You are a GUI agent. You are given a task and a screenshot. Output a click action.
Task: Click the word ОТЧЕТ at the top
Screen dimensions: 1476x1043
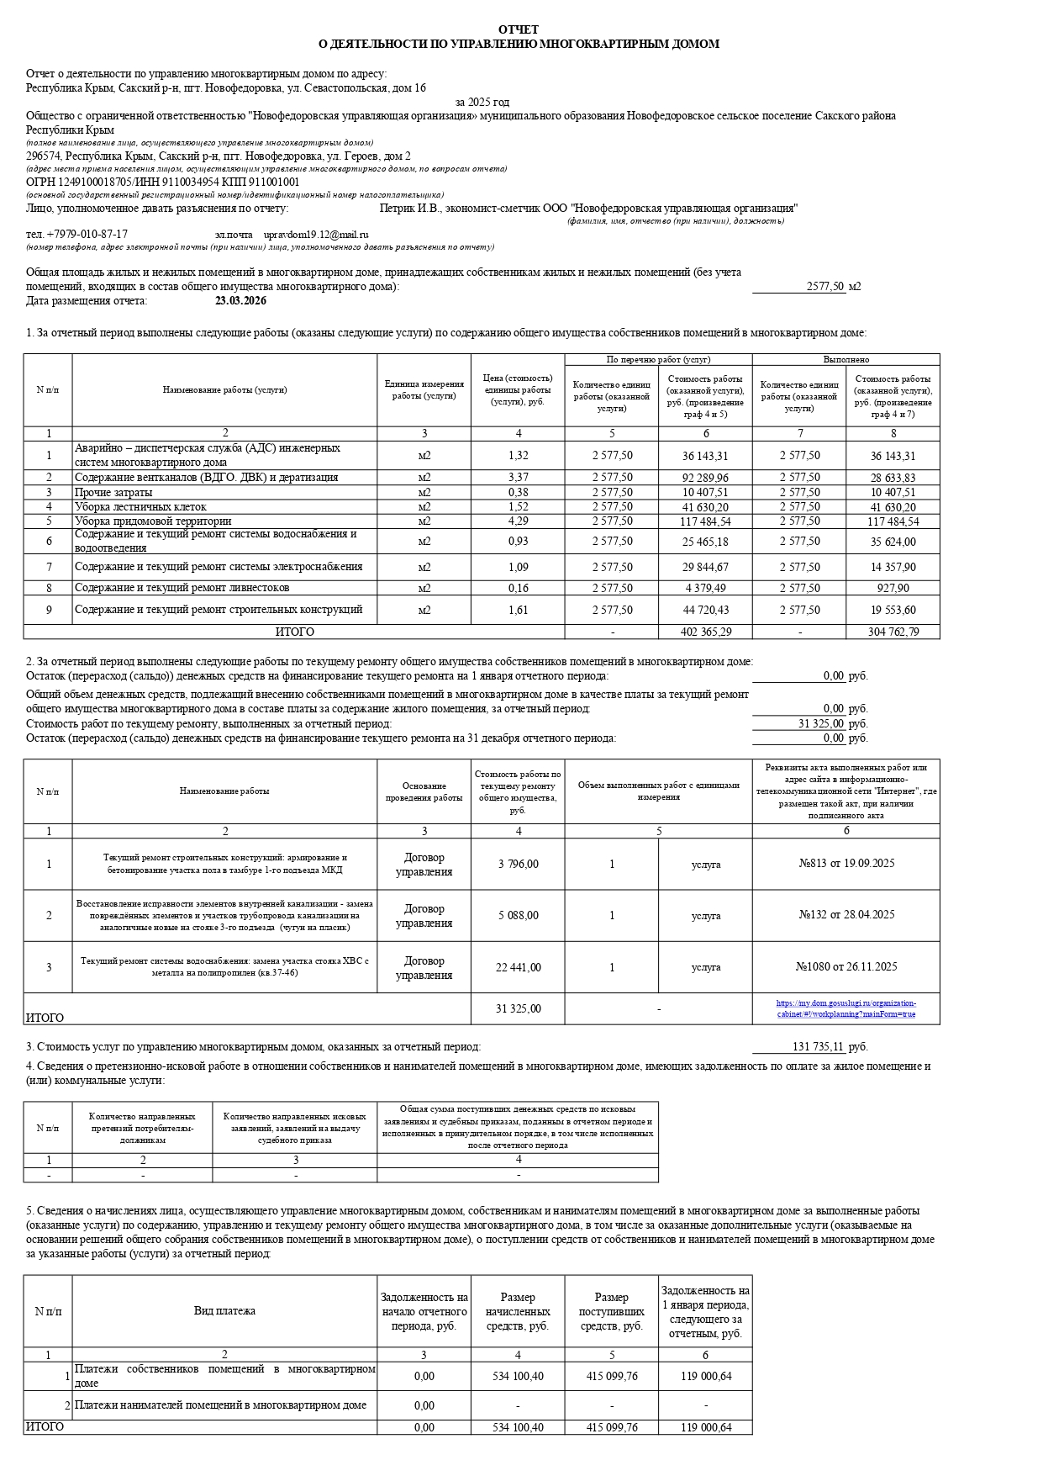coord(519,29)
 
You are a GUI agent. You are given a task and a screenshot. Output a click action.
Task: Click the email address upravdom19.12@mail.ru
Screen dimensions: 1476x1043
coord(316,235)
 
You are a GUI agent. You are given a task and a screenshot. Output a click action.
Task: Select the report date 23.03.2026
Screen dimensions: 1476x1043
coord(240,301)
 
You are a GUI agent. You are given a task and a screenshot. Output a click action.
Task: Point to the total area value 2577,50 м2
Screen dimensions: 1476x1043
coord(833,287)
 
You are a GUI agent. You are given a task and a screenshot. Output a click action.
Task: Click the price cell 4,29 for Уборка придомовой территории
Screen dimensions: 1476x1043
coord(518,521)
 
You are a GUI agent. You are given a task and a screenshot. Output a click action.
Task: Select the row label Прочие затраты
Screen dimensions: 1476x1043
coord(113,493)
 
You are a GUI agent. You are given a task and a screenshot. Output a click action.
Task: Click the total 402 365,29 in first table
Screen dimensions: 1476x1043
coord(706,632)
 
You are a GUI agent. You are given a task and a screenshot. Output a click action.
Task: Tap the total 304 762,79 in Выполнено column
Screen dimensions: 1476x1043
coord(893,632)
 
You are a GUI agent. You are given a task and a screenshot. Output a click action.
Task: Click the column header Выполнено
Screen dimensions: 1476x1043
coord(845,360)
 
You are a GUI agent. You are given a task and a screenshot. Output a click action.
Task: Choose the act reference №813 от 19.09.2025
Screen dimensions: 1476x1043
coord(845,864)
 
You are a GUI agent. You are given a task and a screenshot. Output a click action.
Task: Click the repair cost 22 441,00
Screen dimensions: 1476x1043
coord(518,967)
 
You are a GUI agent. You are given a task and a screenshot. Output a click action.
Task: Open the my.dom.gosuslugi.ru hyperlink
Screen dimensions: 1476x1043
coord(845,1008)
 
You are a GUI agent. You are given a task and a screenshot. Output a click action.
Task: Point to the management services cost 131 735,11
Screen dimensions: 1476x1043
coord(818,1047)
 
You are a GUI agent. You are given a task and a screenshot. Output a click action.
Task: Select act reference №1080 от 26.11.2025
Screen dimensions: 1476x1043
coord(845,967)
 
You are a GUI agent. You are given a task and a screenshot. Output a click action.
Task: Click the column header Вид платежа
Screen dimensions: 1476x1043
coord(224,1311)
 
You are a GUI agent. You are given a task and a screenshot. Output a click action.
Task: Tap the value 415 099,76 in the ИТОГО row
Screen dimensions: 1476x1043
coord(612,1427)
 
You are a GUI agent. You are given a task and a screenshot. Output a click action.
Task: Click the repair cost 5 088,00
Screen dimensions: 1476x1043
coord(518,915)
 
